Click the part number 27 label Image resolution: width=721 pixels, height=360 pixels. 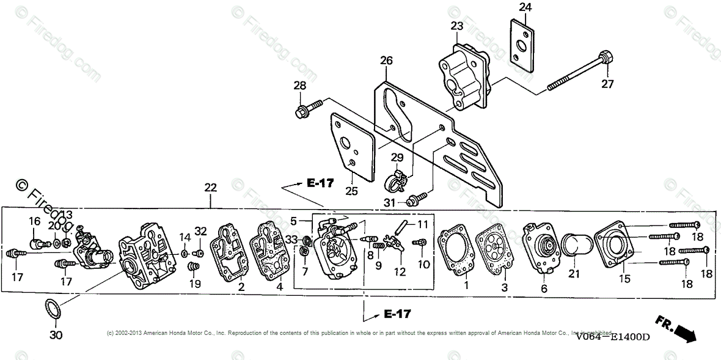(x=607, y=84)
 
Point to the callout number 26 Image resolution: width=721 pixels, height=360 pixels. (x=386, y=61)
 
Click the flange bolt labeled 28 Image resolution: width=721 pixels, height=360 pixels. (x=304, y=112)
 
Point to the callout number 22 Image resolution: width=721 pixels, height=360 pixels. (x=210, y=188)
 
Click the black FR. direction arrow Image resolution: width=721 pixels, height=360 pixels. (x=686, y=334)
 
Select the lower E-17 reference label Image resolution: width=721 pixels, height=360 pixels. (x=397, y=314)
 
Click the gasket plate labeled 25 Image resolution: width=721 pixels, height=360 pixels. (x=353, y=146)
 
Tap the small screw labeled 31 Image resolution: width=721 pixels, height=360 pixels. (x=416, y=197)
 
